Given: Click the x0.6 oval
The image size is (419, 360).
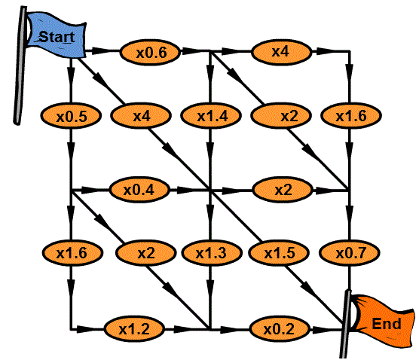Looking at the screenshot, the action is pos(150,52).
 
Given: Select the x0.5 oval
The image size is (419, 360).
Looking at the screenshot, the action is pos(71,116).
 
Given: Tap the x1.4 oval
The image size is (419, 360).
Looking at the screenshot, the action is pos(211,116).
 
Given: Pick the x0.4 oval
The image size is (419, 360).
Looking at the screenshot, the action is pos(139,189).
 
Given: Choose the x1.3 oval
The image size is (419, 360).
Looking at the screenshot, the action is pos(212,252).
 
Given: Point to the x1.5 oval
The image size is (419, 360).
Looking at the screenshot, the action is pos(279,252).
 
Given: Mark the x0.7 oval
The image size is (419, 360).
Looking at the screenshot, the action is pos(350,252).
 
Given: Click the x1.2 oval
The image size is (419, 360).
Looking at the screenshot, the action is pos(134,329).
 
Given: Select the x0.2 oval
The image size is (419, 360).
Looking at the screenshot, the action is pos(280,329).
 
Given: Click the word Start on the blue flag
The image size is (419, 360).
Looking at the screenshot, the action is pos(57,37).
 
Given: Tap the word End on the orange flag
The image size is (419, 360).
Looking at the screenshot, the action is pos(387,324).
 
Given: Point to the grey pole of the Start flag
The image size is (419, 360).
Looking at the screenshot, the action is pos(20,66).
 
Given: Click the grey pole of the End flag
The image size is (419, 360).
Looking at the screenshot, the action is pos(345,324).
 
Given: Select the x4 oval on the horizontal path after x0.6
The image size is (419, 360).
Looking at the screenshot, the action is pos(281,52).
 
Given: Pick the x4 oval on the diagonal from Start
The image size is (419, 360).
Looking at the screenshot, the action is pos(141,116).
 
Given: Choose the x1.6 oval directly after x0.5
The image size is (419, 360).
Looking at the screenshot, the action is pos(72,252).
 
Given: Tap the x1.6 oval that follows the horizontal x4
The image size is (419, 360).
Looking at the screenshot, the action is pos(351,116).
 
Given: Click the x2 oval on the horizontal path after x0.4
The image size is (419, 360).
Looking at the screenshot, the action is pos(283,189).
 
